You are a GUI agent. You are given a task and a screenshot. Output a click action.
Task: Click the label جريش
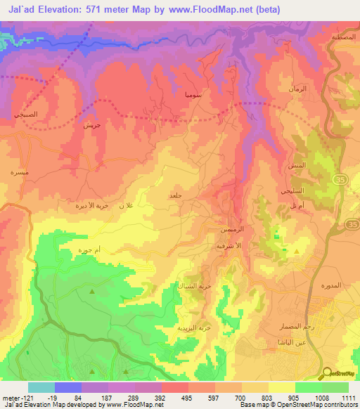93,127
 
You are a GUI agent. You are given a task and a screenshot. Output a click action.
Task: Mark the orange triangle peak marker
296,251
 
